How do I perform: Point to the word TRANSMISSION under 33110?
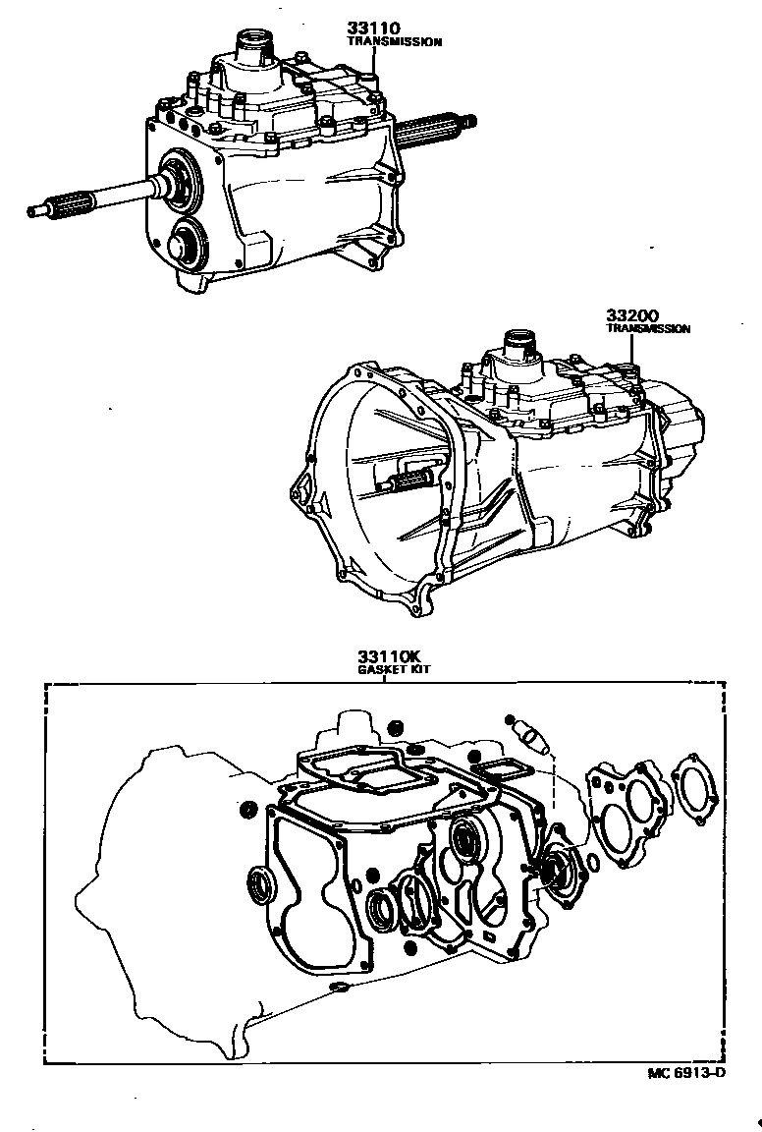tap(395, 42)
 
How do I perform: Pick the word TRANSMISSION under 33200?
tap(647, 329)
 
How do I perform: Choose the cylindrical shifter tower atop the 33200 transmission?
tap(520, 348)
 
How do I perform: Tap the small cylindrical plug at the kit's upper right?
tap(530, 731)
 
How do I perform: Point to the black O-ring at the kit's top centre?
tap(394, 727)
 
